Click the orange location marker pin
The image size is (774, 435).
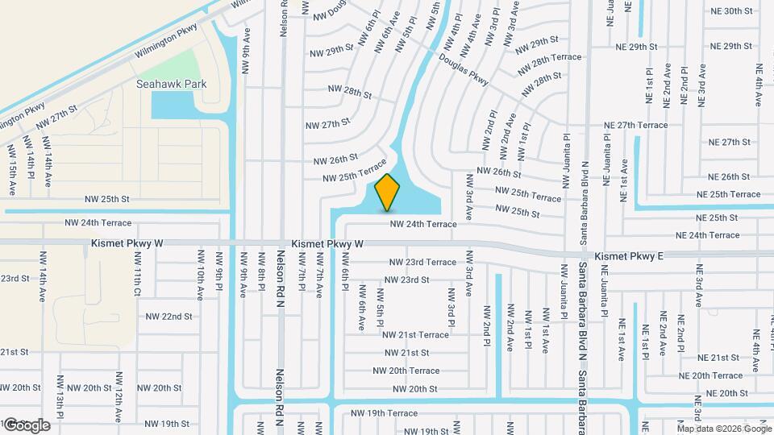[x=388, y=192]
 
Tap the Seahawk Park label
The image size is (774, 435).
[x=172, y=84]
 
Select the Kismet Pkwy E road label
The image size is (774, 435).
[x=629, y=256]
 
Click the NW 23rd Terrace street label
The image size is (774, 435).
[x=422, y=262]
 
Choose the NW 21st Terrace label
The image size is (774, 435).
[x=415, y=334]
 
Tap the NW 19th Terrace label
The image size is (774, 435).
[x=384, y=413]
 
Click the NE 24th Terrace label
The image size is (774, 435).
[x=708, y=235]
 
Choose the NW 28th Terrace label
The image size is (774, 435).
[x=556, y=57]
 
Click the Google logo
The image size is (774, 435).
[x=26, y=425]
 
